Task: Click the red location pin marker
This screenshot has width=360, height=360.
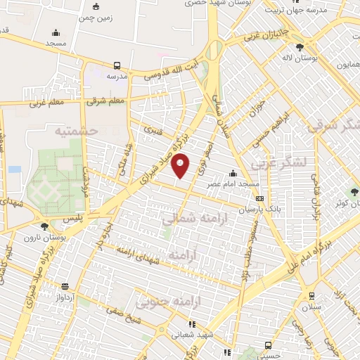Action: pyautogui.click(x=181, y=165)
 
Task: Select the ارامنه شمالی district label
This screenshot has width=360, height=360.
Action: pyautogui.click(x=188, y=220)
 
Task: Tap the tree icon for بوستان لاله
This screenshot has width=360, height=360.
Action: pyautogui.click(x=300, y=48)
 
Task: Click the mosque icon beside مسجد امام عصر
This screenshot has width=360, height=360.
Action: pyautogui.click(x=233, y=174)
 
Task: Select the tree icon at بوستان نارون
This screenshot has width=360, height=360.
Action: pyautogui.click(x=45, y=226)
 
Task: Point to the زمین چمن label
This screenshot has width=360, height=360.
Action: pyautogui.click(x=96, y=16)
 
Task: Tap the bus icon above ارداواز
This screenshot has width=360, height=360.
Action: pyautogui.click(x=65, y=286)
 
